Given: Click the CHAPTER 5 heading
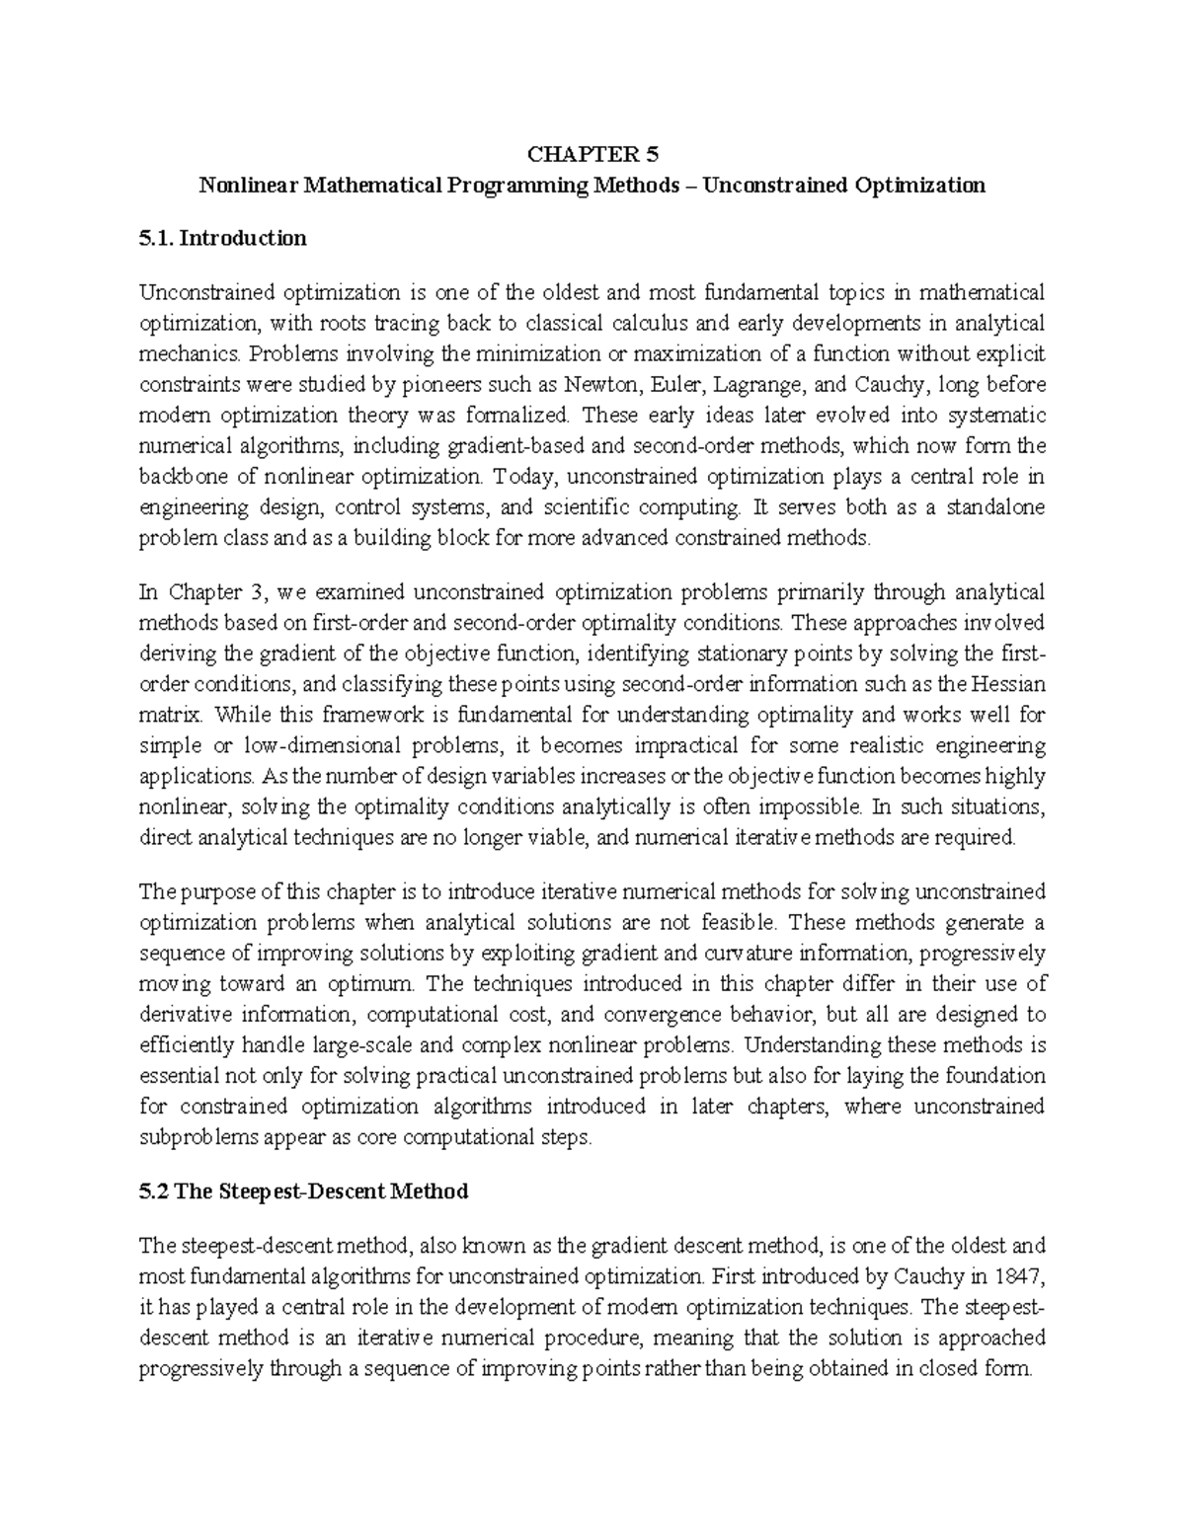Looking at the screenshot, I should [x=592, y=154].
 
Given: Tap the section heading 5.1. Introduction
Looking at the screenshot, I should [x=223, y=238].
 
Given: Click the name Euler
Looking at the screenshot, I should [x=670, y=384].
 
